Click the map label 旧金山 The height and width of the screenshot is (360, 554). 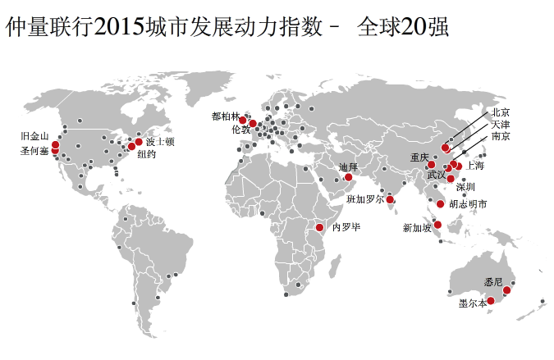coord(36,137)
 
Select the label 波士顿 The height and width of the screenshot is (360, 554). coord(161,142)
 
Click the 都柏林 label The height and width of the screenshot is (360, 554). coord(226,116)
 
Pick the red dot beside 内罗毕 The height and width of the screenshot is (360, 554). coord(320,227)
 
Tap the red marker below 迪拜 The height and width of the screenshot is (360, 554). coord(349,177)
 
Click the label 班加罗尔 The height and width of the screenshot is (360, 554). coord(365,199)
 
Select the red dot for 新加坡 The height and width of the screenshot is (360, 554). coord(438,225)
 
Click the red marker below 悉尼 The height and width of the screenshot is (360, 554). coord(507,290)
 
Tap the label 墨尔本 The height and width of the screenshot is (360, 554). coord(473,303)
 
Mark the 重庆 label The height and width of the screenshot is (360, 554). coord(420,157)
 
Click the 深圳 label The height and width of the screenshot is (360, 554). coord(465,186)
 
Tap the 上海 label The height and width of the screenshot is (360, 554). coord(475,165)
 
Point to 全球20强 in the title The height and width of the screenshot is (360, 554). coord(403,28)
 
